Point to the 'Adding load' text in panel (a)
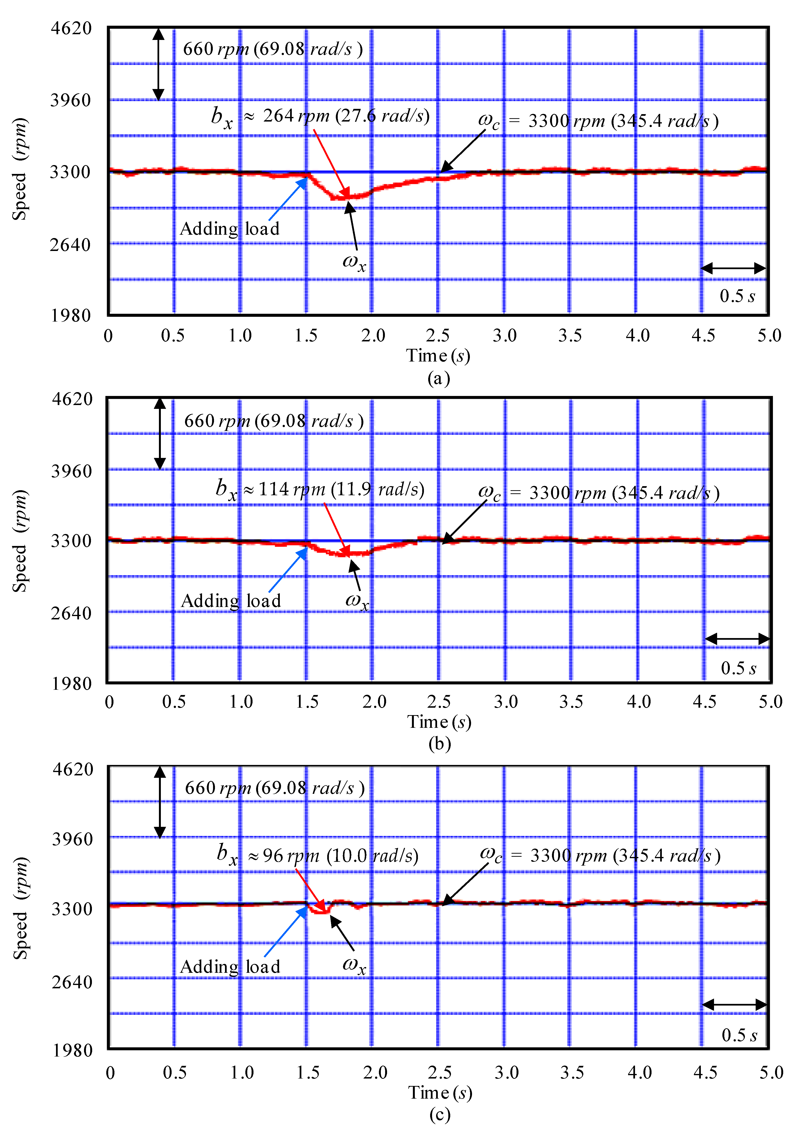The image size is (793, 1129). (230, 229)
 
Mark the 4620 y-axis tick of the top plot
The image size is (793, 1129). (71, 28)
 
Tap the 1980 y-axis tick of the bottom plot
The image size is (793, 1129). (72, 1050)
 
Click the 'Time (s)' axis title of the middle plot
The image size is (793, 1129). (439, 722)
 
